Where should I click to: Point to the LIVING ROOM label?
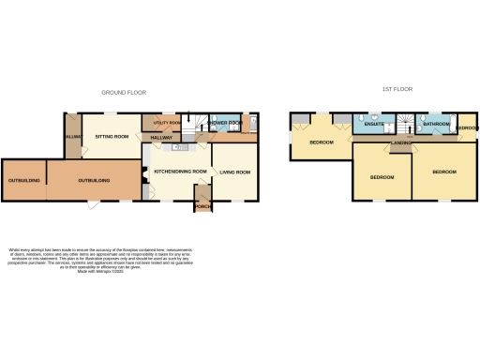[x=234, y=172]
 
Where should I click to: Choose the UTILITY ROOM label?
[x=160, y=123]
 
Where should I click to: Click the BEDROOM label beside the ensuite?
[x=322, y=142]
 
